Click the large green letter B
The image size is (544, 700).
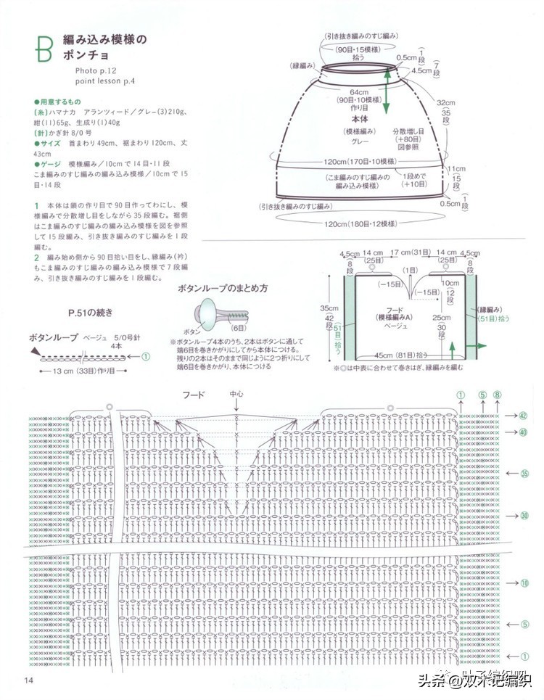coord(41,48)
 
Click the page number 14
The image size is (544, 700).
coord(28,680)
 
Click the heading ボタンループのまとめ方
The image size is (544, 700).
coord(223,288)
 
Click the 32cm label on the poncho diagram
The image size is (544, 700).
coord(445,103)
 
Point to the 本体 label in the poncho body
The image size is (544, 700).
coord(360,118)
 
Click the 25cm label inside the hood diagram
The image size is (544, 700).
coord(440,317)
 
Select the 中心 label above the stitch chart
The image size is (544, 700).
coord(237,395)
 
